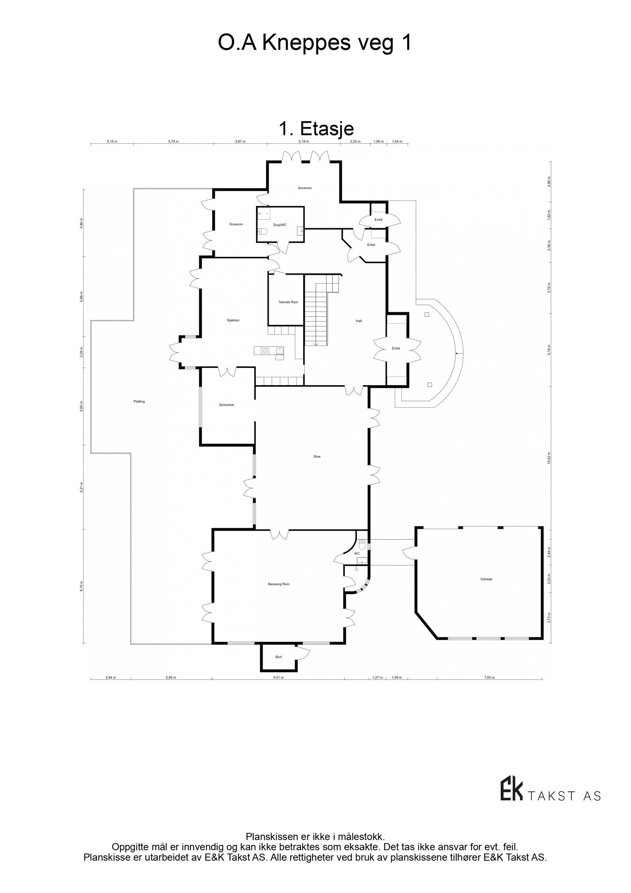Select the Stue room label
[x=317, y=456]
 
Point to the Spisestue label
[x=226, y=404]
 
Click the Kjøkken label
[x=233, y=320]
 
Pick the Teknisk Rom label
[x=288, y=302]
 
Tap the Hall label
[x=358, y=321]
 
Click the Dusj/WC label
[x=280, y=225]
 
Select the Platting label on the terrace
[x=139, y=401]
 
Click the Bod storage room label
[x=278, y=657]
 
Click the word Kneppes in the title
[x=306, y=43]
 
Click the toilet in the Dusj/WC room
[x=261, y=232]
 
